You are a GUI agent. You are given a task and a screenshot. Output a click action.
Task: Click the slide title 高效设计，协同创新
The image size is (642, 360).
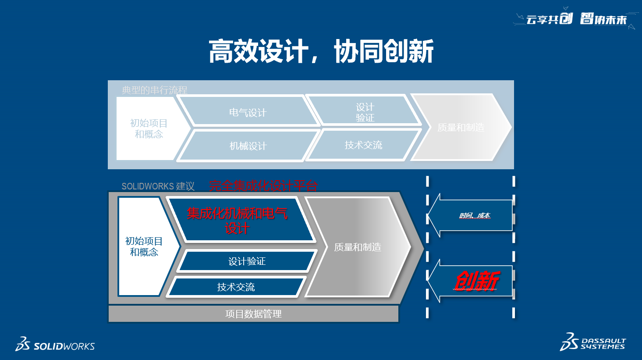click(321, 51)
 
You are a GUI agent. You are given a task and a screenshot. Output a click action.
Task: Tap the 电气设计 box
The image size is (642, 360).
click(248, 112)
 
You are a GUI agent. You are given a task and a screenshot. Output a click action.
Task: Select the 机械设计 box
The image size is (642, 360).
click(248, 146)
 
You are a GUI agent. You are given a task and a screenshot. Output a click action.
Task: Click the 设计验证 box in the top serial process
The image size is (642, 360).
click(365, 112)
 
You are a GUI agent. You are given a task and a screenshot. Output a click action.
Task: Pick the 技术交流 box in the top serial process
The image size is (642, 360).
click(363, 145)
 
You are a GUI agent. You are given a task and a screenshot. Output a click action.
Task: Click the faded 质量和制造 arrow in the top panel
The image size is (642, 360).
click(461, 127)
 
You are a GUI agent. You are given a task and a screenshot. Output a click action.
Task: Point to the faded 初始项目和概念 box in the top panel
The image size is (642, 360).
click(149, 128)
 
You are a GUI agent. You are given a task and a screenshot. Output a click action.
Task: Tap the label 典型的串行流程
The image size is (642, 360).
click(154, 90)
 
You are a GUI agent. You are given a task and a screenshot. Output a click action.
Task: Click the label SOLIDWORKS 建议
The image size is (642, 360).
click(158, 186)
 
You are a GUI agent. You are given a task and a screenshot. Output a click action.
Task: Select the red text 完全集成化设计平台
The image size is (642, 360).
click(263, 186)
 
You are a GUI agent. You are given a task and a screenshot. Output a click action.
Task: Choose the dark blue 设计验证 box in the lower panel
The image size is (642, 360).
click(247, 261)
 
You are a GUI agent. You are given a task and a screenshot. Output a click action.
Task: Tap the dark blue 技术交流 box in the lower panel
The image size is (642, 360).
click(236, 287)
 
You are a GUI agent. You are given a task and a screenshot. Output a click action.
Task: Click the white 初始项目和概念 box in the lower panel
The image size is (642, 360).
click(144, 246)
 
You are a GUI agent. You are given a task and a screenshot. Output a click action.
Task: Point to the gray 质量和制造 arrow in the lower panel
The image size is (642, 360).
click(358, 247)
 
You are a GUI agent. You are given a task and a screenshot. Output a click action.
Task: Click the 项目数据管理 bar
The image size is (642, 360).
click(253, 314)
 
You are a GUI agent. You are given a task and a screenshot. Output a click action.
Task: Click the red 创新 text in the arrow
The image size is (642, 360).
click(476, 281)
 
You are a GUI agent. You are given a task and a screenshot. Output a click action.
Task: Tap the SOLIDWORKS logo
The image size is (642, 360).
click(55, 345)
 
